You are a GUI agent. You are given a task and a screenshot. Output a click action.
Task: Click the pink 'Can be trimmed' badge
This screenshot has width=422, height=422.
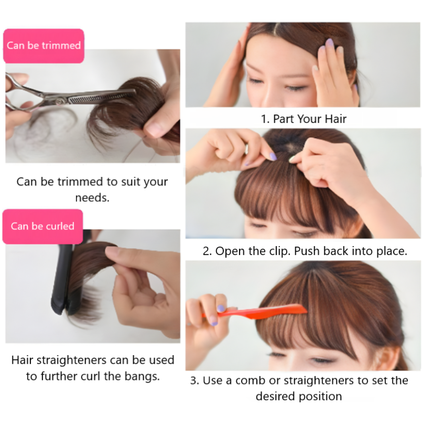coord(44,46)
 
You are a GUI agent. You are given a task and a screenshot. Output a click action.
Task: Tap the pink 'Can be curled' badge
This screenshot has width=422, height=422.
coord(43,226)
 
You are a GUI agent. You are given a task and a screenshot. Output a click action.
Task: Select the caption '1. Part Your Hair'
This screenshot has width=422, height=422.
coord(303,119)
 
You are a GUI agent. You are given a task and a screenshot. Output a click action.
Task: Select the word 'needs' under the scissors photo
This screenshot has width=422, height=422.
coord(92,198)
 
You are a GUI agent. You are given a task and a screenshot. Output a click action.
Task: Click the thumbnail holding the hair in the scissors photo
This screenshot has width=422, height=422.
coord(154,129)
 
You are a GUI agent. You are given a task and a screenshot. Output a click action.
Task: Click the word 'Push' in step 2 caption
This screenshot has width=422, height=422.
coord(307,251)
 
